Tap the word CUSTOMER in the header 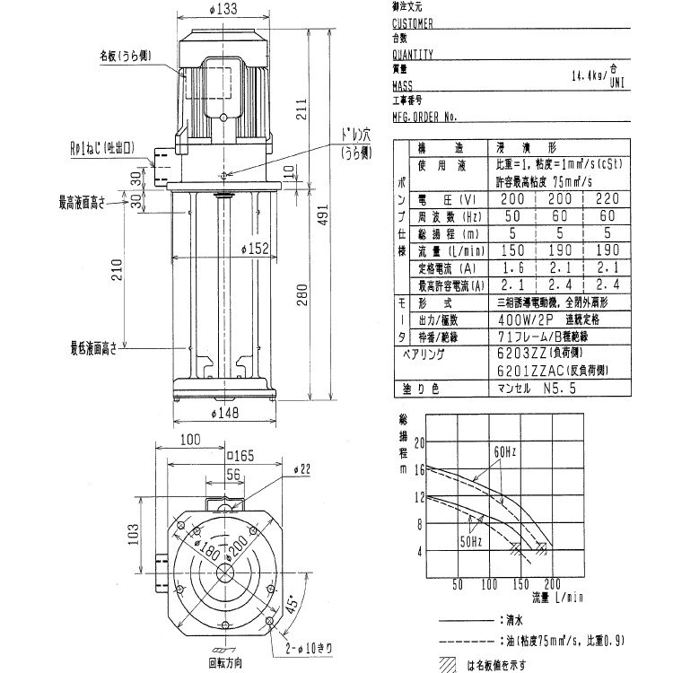413,24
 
